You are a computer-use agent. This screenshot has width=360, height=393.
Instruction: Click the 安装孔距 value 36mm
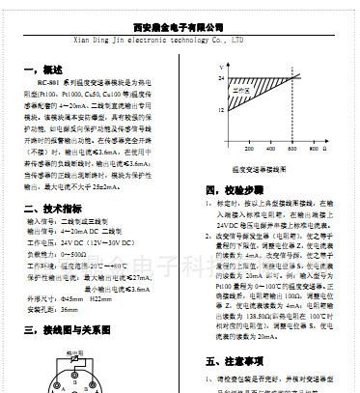70,309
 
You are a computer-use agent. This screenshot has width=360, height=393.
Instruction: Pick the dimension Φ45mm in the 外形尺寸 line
87,299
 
